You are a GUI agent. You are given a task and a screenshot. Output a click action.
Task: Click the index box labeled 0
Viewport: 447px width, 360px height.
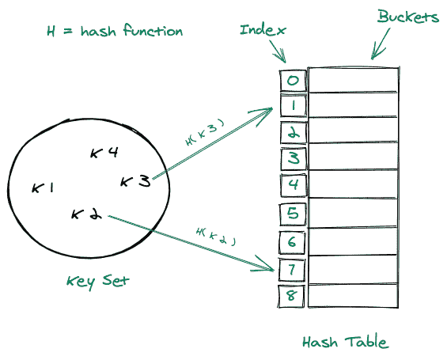click(x=293, y=80)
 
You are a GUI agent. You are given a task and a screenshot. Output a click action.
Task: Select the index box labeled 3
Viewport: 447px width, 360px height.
click(x=293, y=158)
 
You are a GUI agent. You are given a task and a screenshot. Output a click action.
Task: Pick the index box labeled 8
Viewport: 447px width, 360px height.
click(x=293, y=296)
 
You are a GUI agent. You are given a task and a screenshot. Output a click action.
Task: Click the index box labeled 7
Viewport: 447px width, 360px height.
click(x=293, y=269)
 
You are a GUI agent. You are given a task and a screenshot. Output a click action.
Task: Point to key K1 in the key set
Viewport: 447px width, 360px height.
click(x=43, y=188)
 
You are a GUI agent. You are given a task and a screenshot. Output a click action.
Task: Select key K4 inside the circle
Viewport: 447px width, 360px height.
click(x=104, y=153)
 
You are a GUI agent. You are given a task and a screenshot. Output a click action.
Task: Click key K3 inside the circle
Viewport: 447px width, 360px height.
click(x=134, y=182)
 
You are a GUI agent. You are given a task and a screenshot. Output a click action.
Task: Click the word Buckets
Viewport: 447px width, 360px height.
click(x=407, y=17)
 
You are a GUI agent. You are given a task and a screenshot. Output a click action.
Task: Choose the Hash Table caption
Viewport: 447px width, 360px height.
click(x=345, y=343)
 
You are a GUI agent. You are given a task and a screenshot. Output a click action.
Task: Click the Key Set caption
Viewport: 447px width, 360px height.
click(x=98, y=282)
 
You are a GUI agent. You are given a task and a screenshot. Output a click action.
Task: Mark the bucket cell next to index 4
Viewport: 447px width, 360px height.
click(x=352, y=186)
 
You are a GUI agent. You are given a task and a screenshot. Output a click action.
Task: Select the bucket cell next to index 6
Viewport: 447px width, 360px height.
click(x=352, y=241)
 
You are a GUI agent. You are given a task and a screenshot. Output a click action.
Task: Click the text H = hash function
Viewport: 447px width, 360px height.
click(x=114, y=32)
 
